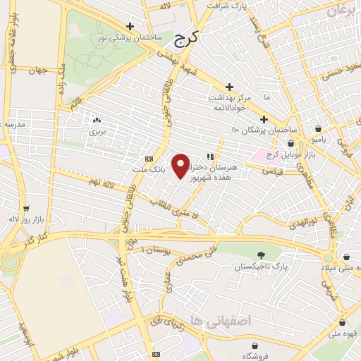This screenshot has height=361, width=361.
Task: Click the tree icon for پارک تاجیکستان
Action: (x=262, y=255)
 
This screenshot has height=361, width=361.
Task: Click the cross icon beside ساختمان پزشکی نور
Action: (x=130, y=25)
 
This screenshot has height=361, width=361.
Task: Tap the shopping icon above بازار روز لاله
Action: (x=26, y=209)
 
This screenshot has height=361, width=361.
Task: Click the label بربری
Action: (x=97, y=132)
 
